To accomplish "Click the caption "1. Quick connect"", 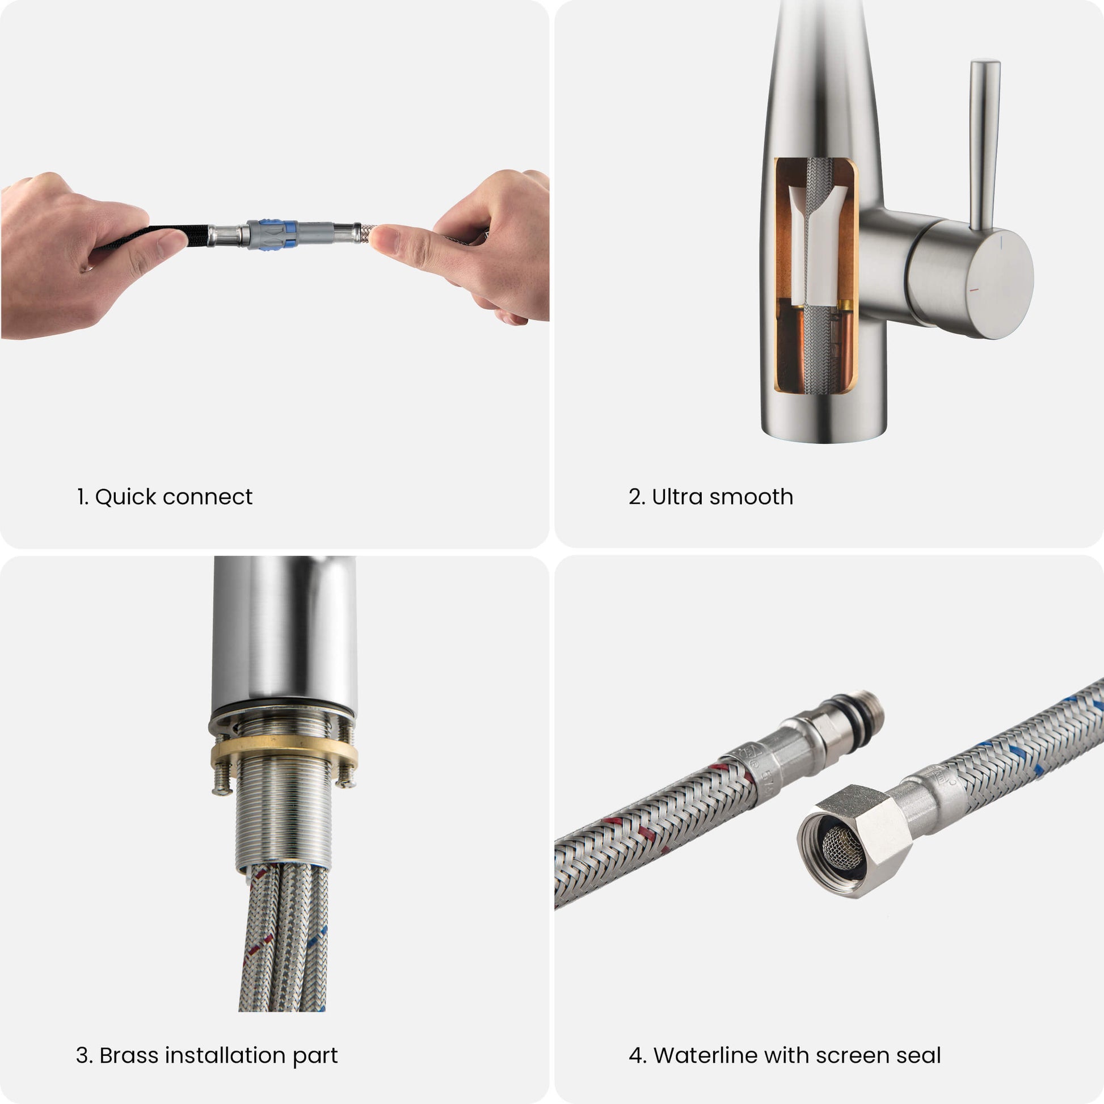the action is click(x=165, y=497).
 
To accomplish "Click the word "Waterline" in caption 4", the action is click(x=705, y=1055).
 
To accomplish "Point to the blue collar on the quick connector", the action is click(x=290, y=234).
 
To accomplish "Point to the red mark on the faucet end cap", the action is click(x=974, y=290).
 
